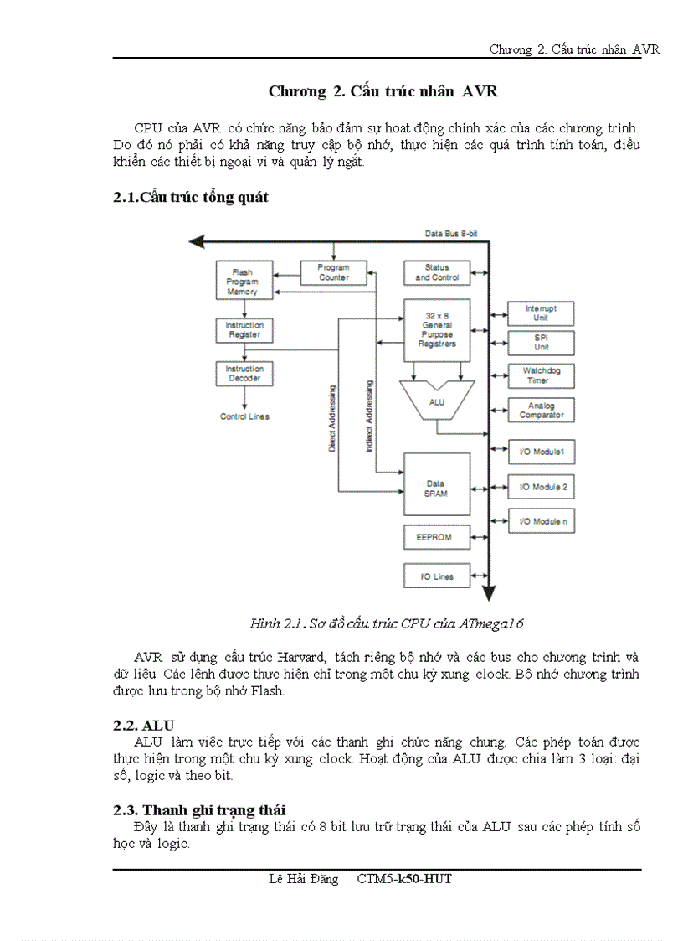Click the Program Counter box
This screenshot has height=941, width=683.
[334, 272]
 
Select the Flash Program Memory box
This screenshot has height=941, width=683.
[242, 282]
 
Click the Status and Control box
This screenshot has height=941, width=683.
[437, 272]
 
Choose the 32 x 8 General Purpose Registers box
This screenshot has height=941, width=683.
[437, 329]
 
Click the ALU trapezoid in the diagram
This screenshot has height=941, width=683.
[437, 402]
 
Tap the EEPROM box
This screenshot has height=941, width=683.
[434, 536]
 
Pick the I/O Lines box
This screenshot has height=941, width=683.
[436, 576]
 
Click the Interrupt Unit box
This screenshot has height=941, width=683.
[541, 313]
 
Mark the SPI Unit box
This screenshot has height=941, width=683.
[541, 343]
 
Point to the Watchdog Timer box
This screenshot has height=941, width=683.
[541, 375]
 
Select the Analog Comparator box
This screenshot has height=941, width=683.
[541, 411]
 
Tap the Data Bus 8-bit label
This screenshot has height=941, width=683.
[450, 234]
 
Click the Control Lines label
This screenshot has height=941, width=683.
[244, 416]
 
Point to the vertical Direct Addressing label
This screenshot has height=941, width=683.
[332, 419]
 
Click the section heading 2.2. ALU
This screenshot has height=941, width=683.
[144, 725]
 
